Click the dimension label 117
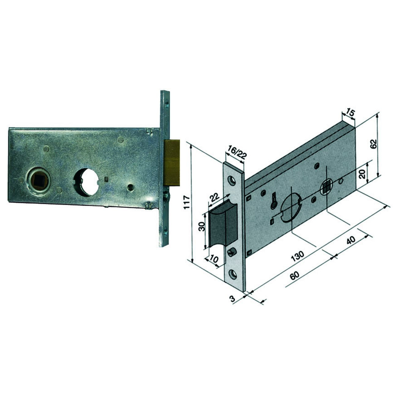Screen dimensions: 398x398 click(187, 203)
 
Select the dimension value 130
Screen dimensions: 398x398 click(298, 256)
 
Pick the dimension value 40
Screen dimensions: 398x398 click(351, 240)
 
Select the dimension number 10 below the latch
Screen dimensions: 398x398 click(214, 258)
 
